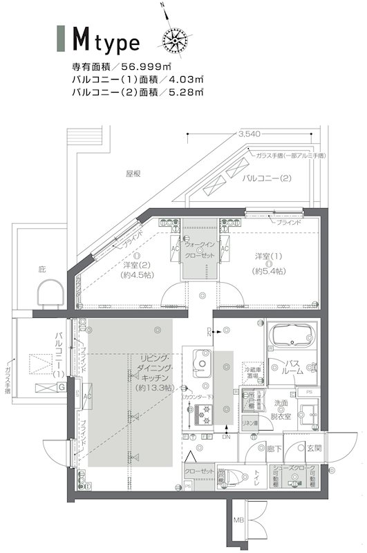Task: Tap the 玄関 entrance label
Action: tap(315, 448)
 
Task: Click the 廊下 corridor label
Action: tap(274, 449)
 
